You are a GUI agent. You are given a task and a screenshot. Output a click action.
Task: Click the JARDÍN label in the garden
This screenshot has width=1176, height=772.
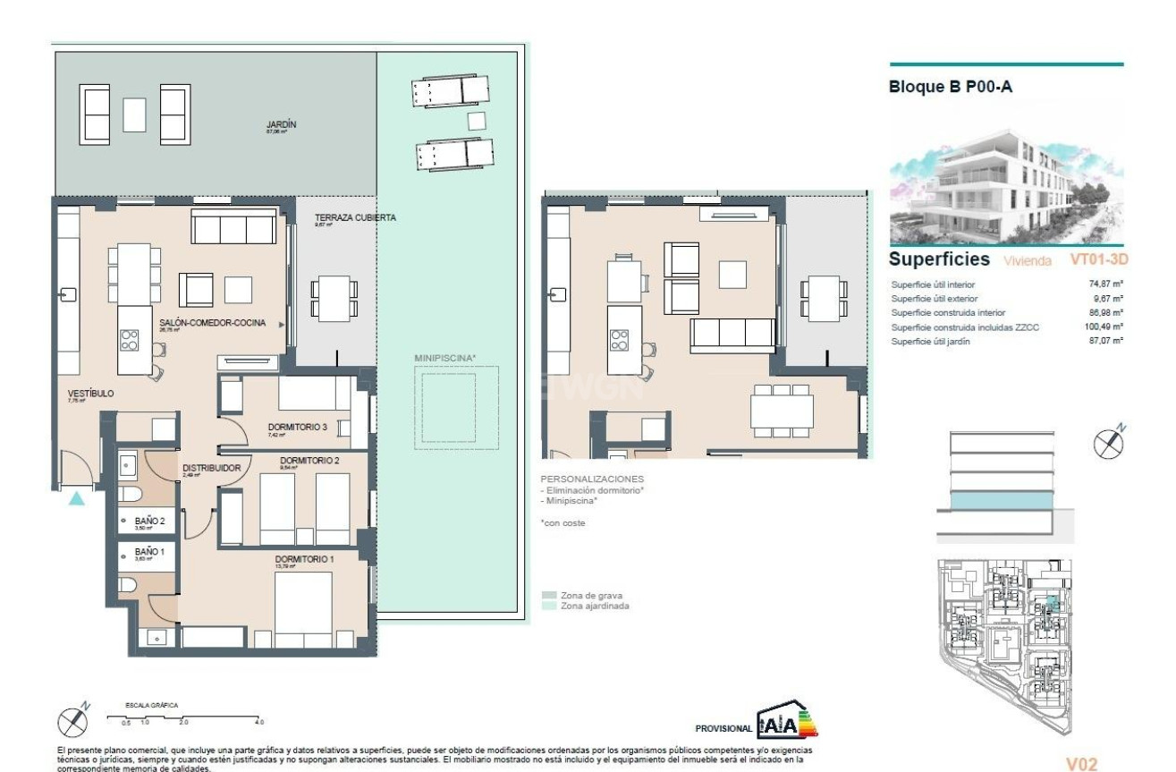point(281,125)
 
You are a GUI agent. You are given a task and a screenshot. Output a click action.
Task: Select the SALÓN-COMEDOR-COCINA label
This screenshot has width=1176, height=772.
point(212,323)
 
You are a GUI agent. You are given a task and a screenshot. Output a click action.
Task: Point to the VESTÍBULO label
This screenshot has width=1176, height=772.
point(89,393)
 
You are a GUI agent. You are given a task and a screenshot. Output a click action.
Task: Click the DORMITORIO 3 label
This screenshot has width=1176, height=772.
point(297,427)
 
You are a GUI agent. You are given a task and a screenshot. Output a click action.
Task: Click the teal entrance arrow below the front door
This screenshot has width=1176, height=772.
point(77,498)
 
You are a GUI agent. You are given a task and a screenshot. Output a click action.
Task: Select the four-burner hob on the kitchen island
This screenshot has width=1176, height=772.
point(131,339)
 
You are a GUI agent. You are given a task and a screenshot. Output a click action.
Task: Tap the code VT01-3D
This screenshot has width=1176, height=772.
point(1099,260)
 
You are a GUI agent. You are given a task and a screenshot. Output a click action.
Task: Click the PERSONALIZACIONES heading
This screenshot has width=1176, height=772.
point(592,479)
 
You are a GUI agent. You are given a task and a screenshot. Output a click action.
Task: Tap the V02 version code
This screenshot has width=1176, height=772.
point(1081,765)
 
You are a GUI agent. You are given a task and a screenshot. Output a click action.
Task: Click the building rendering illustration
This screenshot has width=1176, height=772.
point(1006,185)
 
